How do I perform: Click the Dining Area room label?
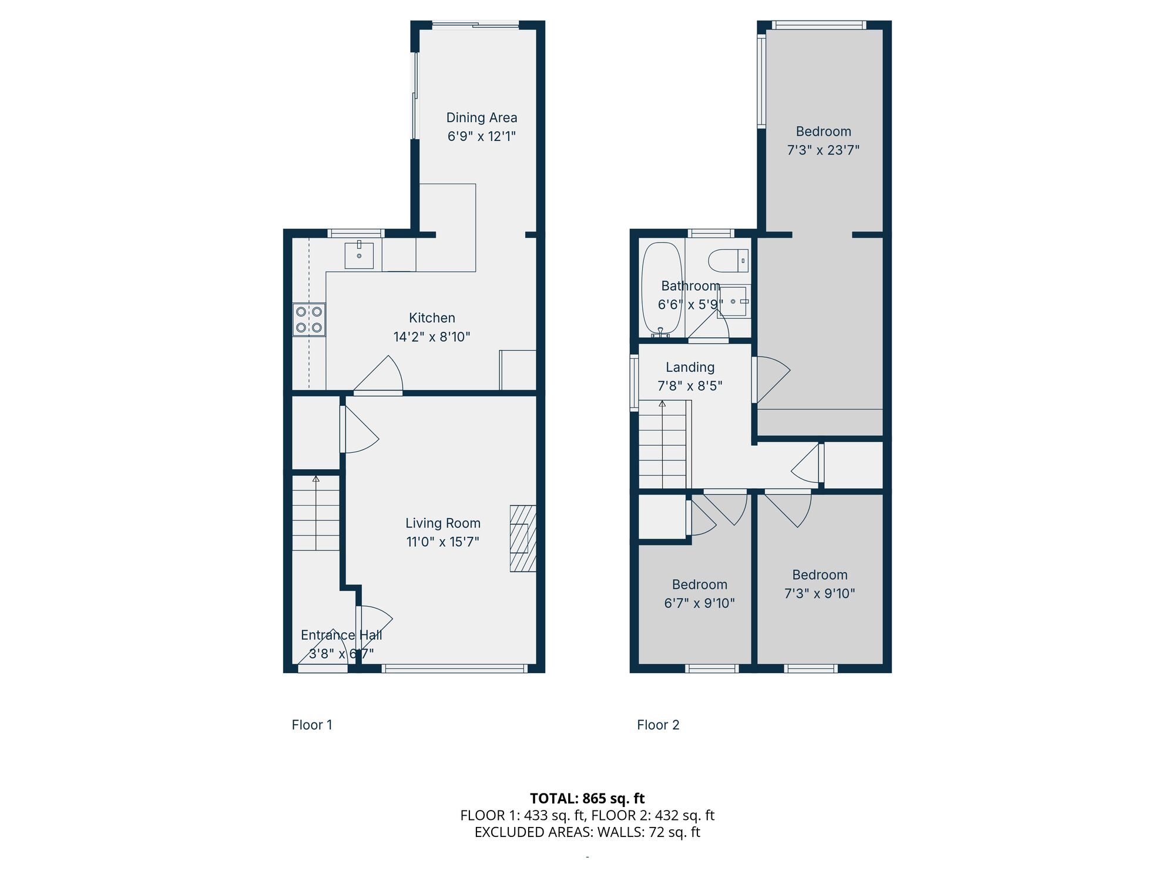coord(481,117)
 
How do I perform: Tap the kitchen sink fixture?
coord(359,255)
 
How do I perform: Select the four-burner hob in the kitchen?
coord(309,320)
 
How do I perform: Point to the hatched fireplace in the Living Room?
coord(522,539)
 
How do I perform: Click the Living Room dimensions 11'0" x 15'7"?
coord(442,542)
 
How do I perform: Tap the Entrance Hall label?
coord(341,635)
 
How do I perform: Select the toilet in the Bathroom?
coord(727,260)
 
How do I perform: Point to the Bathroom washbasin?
coord(733,301)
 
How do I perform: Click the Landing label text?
coord(690,367)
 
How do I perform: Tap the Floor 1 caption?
coord(312,725)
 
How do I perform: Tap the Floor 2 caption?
coord(658,725)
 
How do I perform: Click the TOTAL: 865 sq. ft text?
coord(587,798)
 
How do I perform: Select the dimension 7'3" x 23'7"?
coord(822,150)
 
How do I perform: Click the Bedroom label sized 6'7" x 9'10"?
coord(699,584)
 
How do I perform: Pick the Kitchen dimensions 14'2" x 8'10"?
coord(432,337)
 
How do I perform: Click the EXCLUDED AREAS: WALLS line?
coord(587,832)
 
